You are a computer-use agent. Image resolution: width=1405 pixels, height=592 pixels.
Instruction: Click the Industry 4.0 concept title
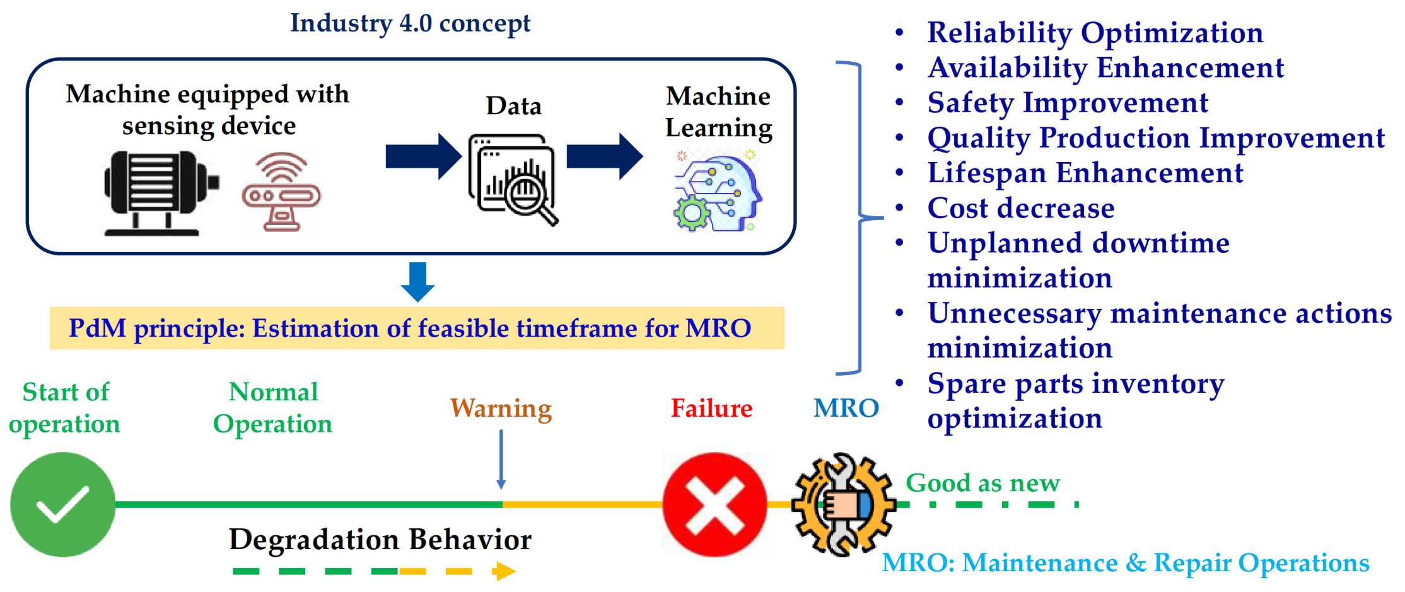[x=410, y=23]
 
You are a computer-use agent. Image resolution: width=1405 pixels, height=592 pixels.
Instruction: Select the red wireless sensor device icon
[x=281, y=192]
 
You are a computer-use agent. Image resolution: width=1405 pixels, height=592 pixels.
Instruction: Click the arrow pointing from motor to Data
[x=423, y=156]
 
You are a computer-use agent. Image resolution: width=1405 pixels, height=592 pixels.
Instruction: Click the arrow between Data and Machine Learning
[x=604, y=156]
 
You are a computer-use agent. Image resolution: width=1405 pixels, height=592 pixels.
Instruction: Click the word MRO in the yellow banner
[x=718, y=328]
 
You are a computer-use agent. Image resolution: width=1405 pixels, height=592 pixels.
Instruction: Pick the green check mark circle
[x=63, y=504]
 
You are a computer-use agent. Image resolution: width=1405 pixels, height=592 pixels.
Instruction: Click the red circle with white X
[x=714, y=504]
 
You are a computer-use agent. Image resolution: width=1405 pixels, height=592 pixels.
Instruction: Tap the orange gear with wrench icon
[x=843, y=504]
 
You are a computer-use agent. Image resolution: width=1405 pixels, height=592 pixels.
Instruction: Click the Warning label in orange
[x=501, y=409]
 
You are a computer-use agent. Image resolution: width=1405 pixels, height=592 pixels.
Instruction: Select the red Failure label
[x=711, y=409]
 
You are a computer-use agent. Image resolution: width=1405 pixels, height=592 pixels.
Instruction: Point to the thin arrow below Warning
[x=501, y=460]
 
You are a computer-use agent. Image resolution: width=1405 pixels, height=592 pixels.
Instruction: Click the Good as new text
[x=982, y=483]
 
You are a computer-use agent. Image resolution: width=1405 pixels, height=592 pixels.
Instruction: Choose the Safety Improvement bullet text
[x=1067, y=103]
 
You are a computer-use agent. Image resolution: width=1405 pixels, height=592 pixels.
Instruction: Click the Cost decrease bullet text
[x=1020, y=208]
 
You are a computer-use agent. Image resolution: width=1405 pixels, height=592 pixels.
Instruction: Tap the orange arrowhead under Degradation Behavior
[x=504, y=571]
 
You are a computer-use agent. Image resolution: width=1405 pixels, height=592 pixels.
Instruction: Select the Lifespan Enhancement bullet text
[x=1085, y=173]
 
